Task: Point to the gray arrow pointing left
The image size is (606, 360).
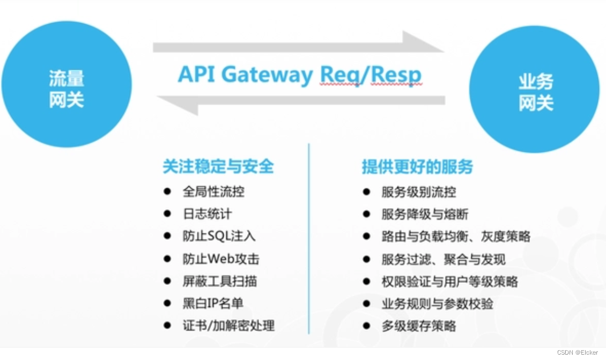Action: click(300, 101)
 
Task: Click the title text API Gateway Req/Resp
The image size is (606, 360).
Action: click(300, 75)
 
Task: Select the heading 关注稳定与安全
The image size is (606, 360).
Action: click(218, 166)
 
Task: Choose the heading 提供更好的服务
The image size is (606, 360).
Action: click(417, 166)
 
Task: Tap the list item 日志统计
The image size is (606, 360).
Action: click(207, 214)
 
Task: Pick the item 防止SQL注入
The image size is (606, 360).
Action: click(219, 236)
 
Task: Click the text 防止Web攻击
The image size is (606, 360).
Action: click(220, 259)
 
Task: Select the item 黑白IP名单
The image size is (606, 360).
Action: click(213, 303)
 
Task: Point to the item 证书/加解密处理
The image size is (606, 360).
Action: click(228, 325)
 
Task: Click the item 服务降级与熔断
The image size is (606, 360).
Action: click(425, 214)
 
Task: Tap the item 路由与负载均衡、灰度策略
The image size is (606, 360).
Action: click(456, 236)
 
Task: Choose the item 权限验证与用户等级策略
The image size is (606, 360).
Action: click(449, 281)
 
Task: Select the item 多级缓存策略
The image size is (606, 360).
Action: click(418, 326)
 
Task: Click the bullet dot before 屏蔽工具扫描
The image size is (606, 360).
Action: click(168, 281)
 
